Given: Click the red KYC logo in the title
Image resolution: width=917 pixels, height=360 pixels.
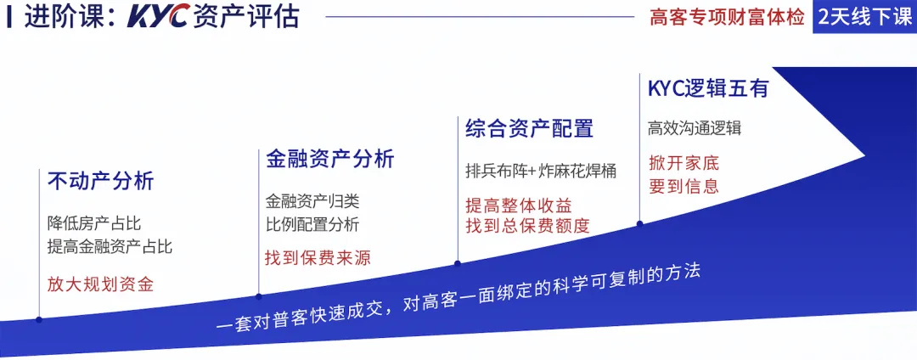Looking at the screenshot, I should tap(159, 18).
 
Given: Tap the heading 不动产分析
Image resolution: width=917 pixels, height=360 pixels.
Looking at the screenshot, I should tap(100, 182).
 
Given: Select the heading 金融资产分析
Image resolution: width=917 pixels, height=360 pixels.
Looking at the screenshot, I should tap(329, 159).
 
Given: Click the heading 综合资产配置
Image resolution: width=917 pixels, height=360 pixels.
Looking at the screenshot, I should tap(529, 129).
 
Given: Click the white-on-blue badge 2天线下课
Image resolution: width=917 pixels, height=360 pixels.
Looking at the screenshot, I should tap(864, 17).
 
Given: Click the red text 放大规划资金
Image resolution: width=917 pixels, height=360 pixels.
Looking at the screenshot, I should tap(100, 284).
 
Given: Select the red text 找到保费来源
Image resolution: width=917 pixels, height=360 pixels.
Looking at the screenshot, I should tap(318, 258).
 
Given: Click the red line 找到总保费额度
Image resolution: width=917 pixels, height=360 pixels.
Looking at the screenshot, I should tap(527, 226).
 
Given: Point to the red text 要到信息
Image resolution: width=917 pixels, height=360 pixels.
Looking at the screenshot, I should tap(684, 186).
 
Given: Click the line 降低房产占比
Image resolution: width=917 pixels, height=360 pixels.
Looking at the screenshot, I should tap(93, 224).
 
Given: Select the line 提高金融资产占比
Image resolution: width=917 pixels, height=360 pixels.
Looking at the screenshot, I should tap(110, 247).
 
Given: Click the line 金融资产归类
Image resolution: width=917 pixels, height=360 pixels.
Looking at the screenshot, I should tap(312, 202).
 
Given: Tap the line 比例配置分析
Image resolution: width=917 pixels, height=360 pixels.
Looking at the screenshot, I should tap(312, 224).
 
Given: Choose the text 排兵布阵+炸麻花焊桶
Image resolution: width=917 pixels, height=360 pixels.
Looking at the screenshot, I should tap(541, 170).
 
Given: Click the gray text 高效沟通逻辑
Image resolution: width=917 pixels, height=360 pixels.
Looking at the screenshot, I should tap(695, 128).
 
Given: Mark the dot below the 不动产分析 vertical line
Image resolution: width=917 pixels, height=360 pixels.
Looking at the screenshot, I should tap(39, 319).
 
